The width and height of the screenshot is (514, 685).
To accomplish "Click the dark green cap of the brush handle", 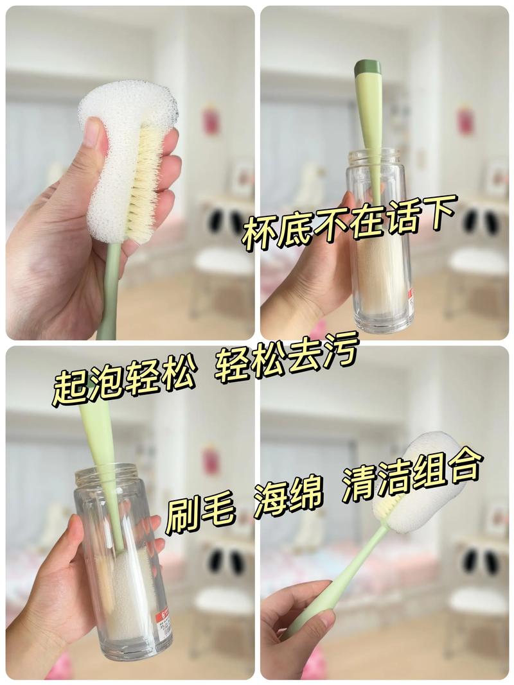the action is coord(368,67).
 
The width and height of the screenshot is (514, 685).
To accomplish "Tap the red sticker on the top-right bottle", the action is coord(411,297).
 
